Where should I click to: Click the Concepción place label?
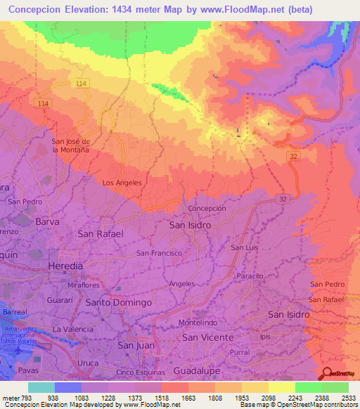coord(207,209)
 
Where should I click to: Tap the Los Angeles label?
coord(122,183)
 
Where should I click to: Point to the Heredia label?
coord(65,266)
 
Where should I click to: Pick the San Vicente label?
coord(208,337)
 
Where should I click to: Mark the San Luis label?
coord(245,247)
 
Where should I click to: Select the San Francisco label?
coord(160,253)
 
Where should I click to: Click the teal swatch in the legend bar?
coord(41,387)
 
